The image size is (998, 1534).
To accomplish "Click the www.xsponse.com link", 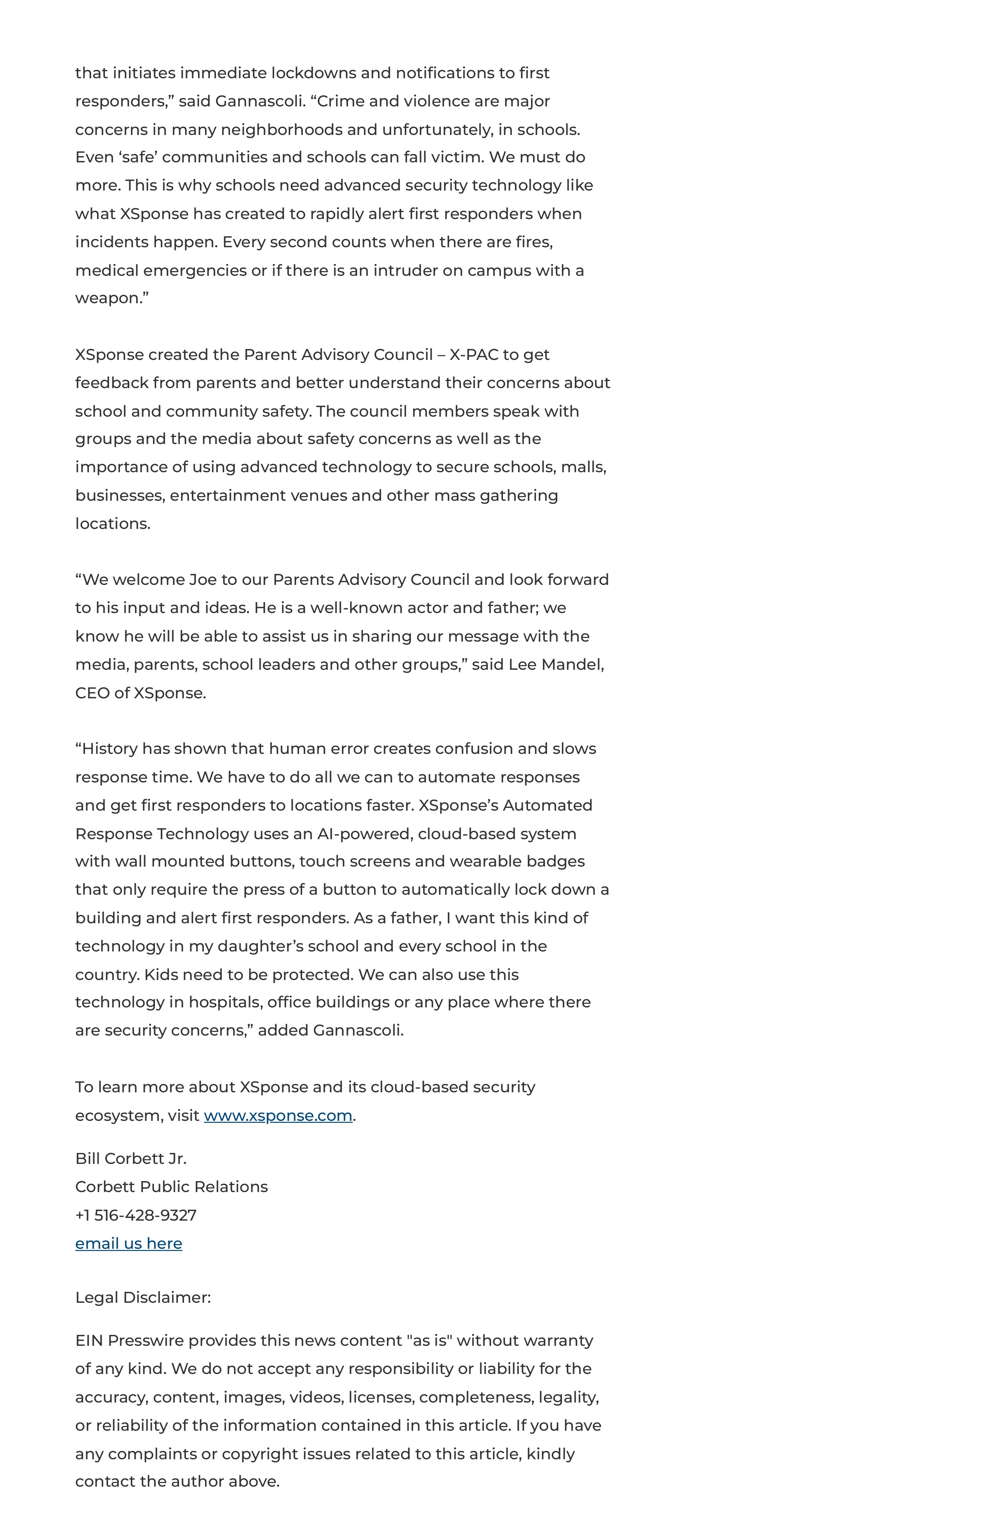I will click(x=278, y=1116).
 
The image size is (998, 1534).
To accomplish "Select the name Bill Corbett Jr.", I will click(x=131, y=1158).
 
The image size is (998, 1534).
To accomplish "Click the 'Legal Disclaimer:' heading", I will click(x=142, y=1297).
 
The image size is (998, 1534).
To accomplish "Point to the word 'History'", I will click(x=109, y=748).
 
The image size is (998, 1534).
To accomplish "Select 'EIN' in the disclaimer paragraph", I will click(x=88, y=1341).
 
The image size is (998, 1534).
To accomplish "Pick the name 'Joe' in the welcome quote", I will click(x=203, y=579).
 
